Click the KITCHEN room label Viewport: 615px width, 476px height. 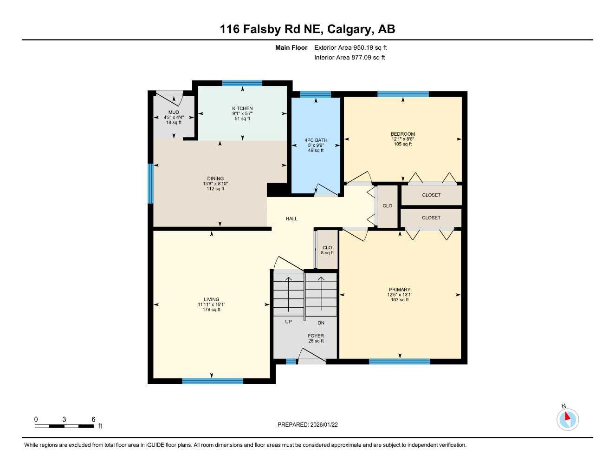[242, 108]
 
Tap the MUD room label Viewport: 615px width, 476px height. [174, 112]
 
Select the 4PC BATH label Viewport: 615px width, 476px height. [316, 140]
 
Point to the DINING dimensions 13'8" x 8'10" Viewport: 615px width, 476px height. [215, 184]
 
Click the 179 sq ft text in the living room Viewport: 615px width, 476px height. [212, 310]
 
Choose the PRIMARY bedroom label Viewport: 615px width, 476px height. [400, 290]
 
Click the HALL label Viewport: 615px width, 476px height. [291, 218]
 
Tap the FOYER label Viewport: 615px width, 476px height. [316, 336]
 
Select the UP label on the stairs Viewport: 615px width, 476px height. [288, 322]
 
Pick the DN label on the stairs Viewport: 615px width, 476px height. [321, 323]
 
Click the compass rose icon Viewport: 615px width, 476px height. [567, 419]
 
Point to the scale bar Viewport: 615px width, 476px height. [65, 426]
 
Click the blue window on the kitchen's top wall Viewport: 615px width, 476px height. [242, 83]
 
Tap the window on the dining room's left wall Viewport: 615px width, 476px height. [150, 184]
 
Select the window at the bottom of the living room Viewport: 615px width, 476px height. [212, 381]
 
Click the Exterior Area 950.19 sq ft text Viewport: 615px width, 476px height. [350, 47]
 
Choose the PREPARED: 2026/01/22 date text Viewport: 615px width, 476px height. [307, 424]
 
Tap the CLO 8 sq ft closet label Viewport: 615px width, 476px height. [327, 250]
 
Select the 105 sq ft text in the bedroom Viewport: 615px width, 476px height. [402, 144]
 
